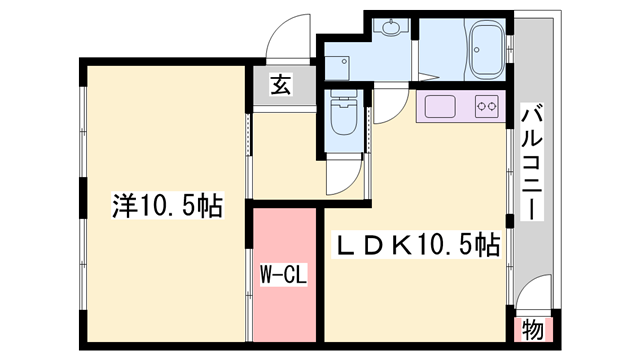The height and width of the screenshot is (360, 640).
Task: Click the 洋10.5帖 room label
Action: point(166,207)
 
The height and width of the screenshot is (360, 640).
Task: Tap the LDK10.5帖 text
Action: point(417,243)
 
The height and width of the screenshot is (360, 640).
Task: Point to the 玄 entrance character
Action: point(280,86)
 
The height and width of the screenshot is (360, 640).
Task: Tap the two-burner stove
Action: point(487,105)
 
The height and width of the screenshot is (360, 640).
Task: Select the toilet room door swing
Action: point(346,175)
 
